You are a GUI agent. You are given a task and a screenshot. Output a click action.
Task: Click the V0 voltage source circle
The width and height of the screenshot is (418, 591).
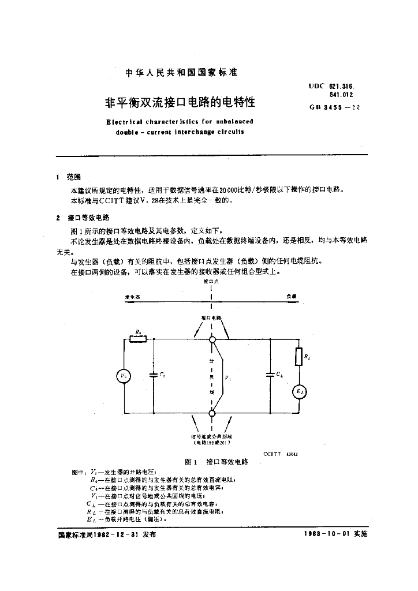(125, 376)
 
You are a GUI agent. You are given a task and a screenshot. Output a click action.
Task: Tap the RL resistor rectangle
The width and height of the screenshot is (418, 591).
(299, 357)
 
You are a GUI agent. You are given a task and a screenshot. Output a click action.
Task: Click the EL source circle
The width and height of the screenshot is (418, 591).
(299, 392)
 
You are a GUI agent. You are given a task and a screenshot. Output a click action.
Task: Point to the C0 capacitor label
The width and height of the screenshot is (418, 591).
(163, 376)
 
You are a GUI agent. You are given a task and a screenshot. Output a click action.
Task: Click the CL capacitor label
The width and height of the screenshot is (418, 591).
(280, 375)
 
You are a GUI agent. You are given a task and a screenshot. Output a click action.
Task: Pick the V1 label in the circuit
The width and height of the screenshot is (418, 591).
(228, 378)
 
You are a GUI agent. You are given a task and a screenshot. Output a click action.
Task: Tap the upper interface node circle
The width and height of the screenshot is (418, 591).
(212, 340)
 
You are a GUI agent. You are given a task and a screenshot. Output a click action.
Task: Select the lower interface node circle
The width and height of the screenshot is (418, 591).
(212, 413)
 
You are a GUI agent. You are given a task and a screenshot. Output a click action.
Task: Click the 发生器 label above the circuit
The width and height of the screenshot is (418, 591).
(132, 295)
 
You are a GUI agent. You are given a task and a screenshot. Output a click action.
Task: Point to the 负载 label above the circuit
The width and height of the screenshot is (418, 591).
(292, 295)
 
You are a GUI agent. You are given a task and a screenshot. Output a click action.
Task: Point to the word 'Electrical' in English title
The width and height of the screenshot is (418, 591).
(126, 122)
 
